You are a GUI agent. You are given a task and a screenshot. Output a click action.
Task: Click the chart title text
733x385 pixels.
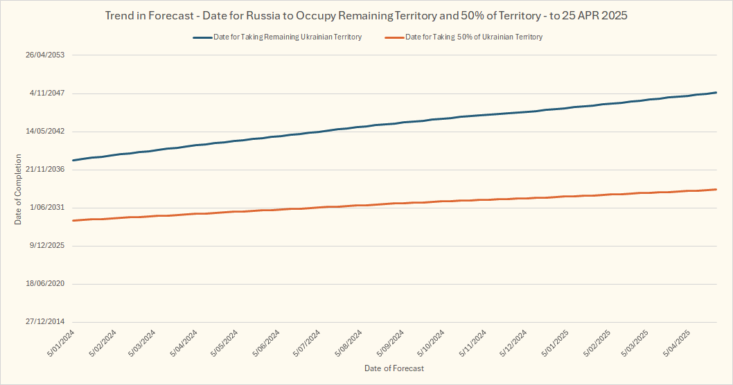coord(366,15)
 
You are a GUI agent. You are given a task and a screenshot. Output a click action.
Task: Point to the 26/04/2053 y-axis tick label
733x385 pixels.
coord(45,55)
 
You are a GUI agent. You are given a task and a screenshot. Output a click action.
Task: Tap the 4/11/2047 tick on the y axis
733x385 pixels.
coord(47,93)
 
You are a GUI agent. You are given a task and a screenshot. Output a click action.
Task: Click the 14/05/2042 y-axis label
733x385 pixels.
coord(45,132)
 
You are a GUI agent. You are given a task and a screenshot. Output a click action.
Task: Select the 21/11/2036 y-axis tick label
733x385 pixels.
coord(45,170)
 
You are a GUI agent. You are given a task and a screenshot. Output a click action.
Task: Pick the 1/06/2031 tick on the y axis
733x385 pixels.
coord(47,208)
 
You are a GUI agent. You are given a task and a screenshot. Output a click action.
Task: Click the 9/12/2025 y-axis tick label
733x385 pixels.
coord(47,246)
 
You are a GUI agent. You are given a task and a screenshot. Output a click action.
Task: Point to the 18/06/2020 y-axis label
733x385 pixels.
coord(45,284)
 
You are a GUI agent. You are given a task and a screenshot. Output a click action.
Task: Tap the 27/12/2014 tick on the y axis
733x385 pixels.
coord(45,322)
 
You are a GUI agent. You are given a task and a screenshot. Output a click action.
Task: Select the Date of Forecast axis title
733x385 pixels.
coord(394,368)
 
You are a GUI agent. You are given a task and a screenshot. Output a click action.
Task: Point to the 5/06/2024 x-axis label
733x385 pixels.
coord(265,343)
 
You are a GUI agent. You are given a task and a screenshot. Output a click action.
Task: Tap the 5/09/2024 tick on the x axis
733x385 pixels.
coord(389,343)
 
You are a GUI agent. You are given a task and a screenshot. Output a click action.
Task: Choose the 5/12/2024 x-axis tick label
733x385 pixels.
coord(512,343)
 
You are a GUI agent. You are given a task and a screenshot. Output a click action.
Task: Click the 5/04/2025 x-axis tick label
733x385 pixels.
coord(677,343)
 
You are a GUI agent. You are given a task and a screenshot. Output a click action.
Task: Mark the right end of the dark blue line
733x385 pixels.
coord(716,93)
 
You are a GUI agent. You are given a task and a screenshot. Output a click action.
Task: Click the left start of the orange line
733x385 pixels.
coord(73,220)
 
